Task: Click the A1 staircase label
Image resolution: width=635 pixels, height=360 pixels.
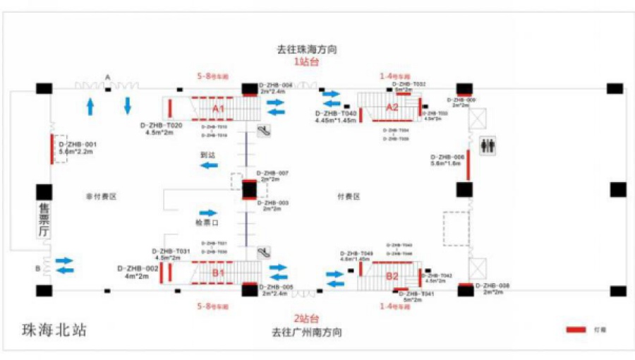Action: click(x=218, y=109)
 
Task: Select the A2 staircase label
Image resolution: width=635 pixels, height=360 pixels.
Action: click(x=392, y=107)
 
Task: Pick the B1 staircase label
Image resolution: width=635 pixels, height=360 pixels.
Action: click(x=218, y=272)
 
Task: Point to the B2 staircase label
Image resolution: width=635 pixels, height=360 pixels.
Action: click(x=392, y=276)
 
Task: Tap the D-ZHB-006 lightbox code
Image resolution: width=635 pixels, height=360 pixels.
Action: click(x=447, y=157)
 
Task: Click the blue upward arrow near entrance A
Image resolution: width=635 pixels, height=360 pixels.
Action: click(x=90, y=107)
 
